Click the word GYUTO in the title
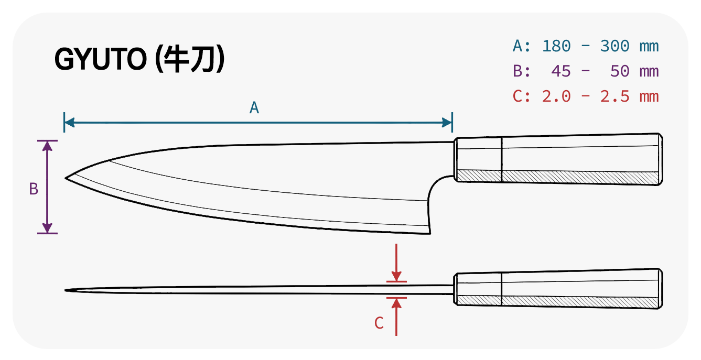tap(101, 59)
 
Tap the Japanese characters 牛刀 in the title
tap(191, 59)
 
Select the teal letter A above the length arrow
tap(254, 108)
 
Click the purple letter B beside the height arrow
tap(34, 189)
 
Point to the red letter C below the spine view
tap(379, 323)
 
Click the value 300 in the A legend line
tap(614, 46)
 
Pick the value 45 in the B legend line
tap(561, 71)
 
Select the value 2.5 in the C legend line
tap(614, 96)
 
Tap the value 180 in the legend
tap(556, 46)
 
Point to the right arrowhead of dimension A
tap(447, 123)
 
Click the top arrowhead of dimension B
tap(47, 146)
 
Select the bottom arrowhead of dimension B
tap(47, 228)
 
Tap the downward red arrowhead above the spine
tap(396, 276)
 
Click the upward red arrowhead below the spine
tap(396, 303)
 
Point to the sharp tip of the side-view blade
tap(66, 178)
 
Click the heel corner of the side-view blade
tap(430, 233)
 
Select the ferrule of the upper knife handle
tap(478, 159)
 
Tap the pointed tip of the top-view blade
tap(65, 290)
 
